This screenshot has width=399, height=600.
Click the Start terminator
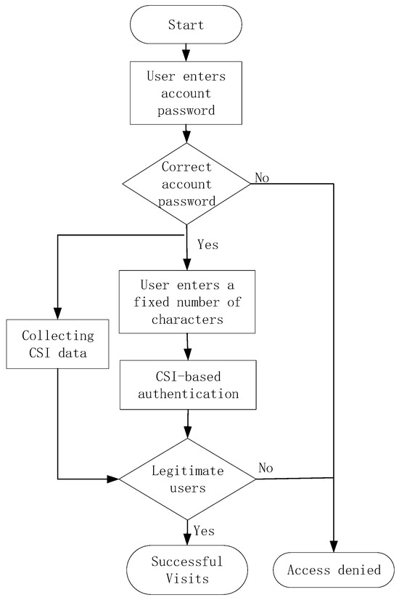coord(186,25)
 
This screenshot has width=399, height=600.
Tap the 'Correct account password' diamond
coord(186,183)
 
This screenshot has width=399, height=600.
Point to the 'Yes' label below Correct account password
coord(207,244)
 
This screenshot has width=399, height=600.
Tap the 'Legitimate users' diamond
coord(187,479)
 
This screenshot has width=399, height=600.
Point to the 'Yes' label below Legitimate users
coord(204,531)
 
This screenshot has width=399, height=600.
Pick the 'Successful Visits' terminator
coord(187,569)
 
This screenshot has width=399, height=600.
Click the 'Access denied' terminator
coord(334,569)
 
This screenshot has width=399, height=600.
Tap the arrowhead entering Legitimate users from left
coord(113,479)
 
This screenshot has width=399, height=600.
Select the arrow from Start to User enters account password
coord(186,52)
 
